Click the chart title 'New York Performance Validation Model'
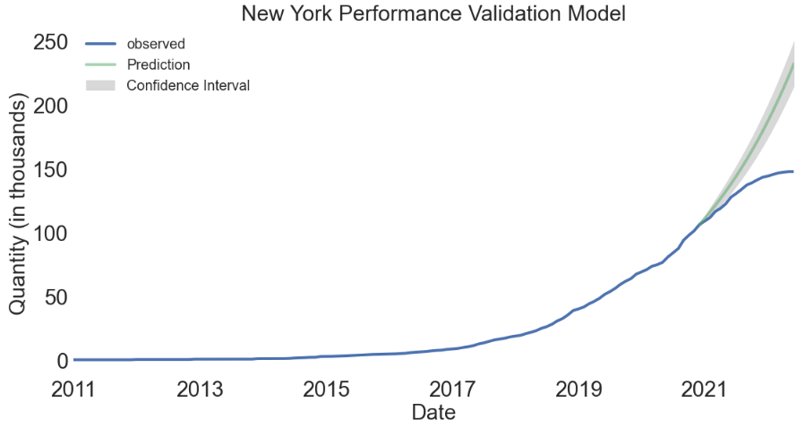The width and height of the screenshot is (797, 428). point(433,13)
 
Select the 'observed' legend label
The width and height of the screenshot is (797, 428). point(156,43)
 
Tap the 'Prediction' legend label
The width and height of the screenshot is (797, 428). point(159,64)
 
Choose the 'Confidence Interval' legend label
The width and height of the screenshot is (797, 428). point(188,86)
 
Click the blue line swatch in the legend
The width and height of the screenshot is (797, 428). point(101,43)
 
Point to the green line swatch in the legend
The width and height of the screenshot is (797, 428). point(101,64)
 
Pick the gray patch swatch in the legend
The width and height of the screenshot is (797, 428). point(101,86)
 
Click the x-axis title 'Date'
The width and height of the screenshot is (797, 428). point(433,413)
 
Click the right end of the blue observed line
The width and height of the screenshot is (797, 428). point(793,171)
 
